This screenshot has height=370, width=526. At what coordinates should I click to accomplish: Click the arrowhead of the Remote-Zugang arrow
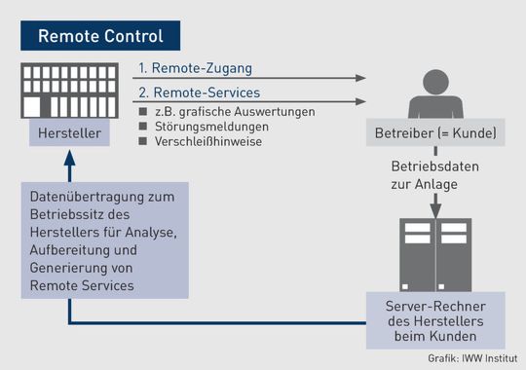(363, 78)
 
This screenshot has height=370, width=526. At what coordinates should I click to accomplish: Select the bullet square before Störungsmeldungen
(144, 127)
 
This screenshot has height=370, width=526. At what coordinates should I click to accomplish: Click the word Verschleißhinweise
(208, 141)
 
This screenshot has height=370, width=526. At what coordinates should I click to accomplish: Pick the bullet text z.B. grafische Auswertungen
(234, 112)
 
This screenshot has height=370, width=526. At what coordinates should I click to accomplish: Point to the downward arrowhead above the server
(435, 209)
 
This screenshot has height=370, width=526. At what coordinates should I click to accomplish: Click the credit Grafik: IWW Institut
(471, 359)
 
